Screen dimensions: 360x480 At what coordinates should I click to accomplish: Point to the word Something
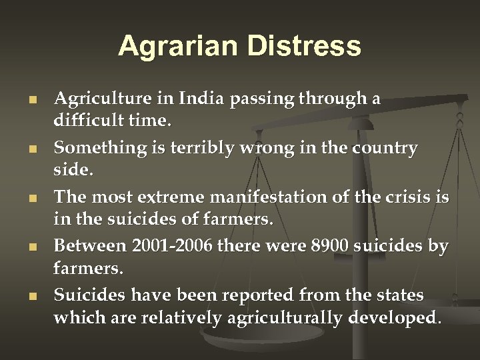[x=92, y=148]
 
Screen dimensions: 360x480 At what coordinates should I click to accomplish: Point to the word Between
[x=89, y=246]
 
